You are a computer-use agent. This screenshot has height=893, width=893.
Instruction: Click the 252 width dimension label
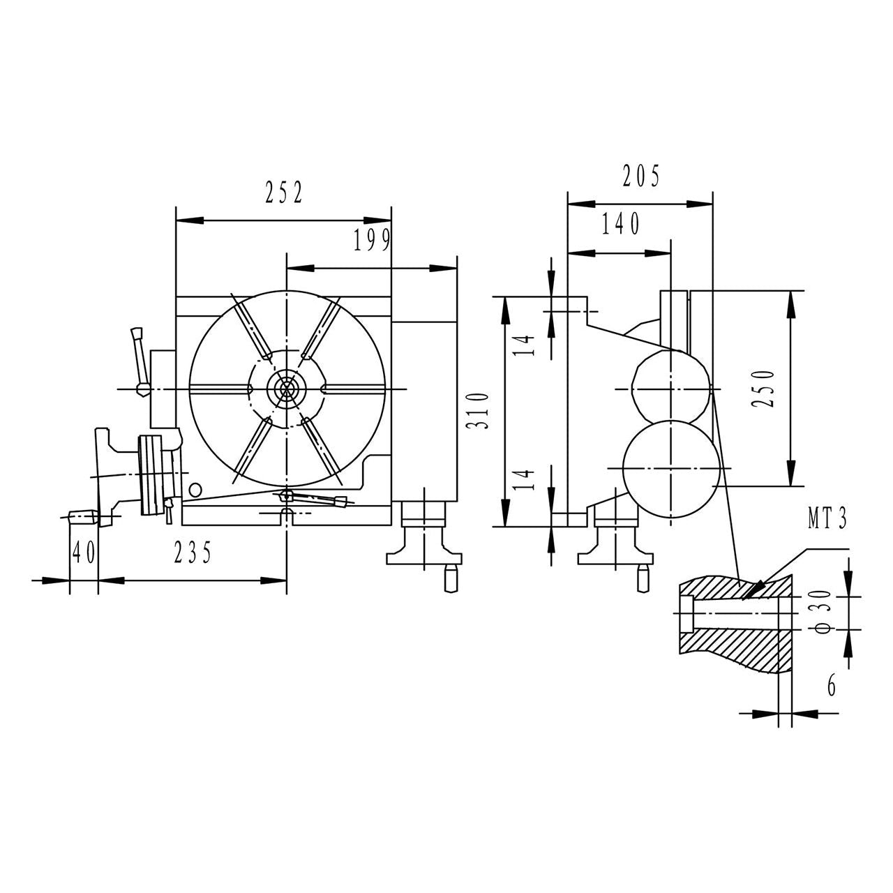[284, 193]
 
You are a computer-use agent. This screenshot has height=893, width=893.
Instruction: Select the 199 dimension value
[371, 241]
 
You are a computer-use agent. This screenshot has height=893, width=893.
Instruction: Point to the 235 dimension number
[193, 553]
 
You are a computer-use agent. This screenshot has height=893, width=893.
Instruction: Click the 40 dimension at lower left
[84, 553]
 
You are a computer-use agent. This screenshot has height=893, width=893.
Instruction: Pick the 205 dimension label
[640, 177]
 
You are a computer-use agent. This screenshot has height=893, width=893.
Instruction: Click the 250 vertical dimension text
[765, 388]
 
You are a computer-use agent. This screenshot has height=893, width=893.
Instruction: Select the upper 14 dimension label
[528, 345]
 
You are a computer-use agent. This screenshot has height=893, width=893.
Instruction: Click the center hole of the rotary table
[286, 389]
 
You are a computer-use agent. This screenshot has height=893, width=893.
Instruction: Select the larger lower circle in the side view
[669, 467]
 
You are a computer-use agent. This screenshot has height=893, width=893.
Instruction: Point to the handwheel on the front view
[151, 474]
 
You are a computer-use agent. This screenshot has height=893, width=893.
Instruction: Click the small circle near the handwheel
[195, 488]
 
